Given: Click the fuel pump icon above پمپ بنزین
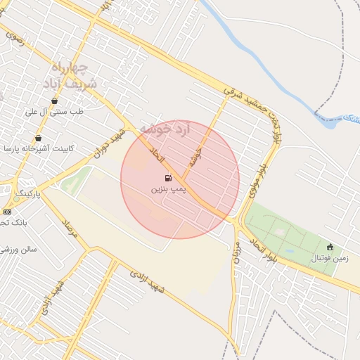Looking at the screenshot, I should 168,179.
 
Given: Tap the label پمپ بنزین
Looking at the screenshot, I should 168,190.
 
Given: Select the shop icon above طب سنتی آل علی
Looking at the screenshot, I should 54,101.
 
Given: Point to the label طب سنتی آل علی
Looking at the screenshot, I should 54,112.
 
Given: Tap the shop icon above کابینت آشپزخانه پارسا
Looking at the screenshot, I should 38,138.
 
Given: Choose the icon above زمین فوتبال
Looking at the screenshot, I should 330,247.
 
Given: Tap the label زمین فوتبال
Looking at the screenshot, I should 330,258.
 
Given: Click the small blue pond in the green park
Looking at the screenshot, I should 289,250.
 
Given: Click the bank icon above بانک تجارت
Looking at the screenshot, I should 7,211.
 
